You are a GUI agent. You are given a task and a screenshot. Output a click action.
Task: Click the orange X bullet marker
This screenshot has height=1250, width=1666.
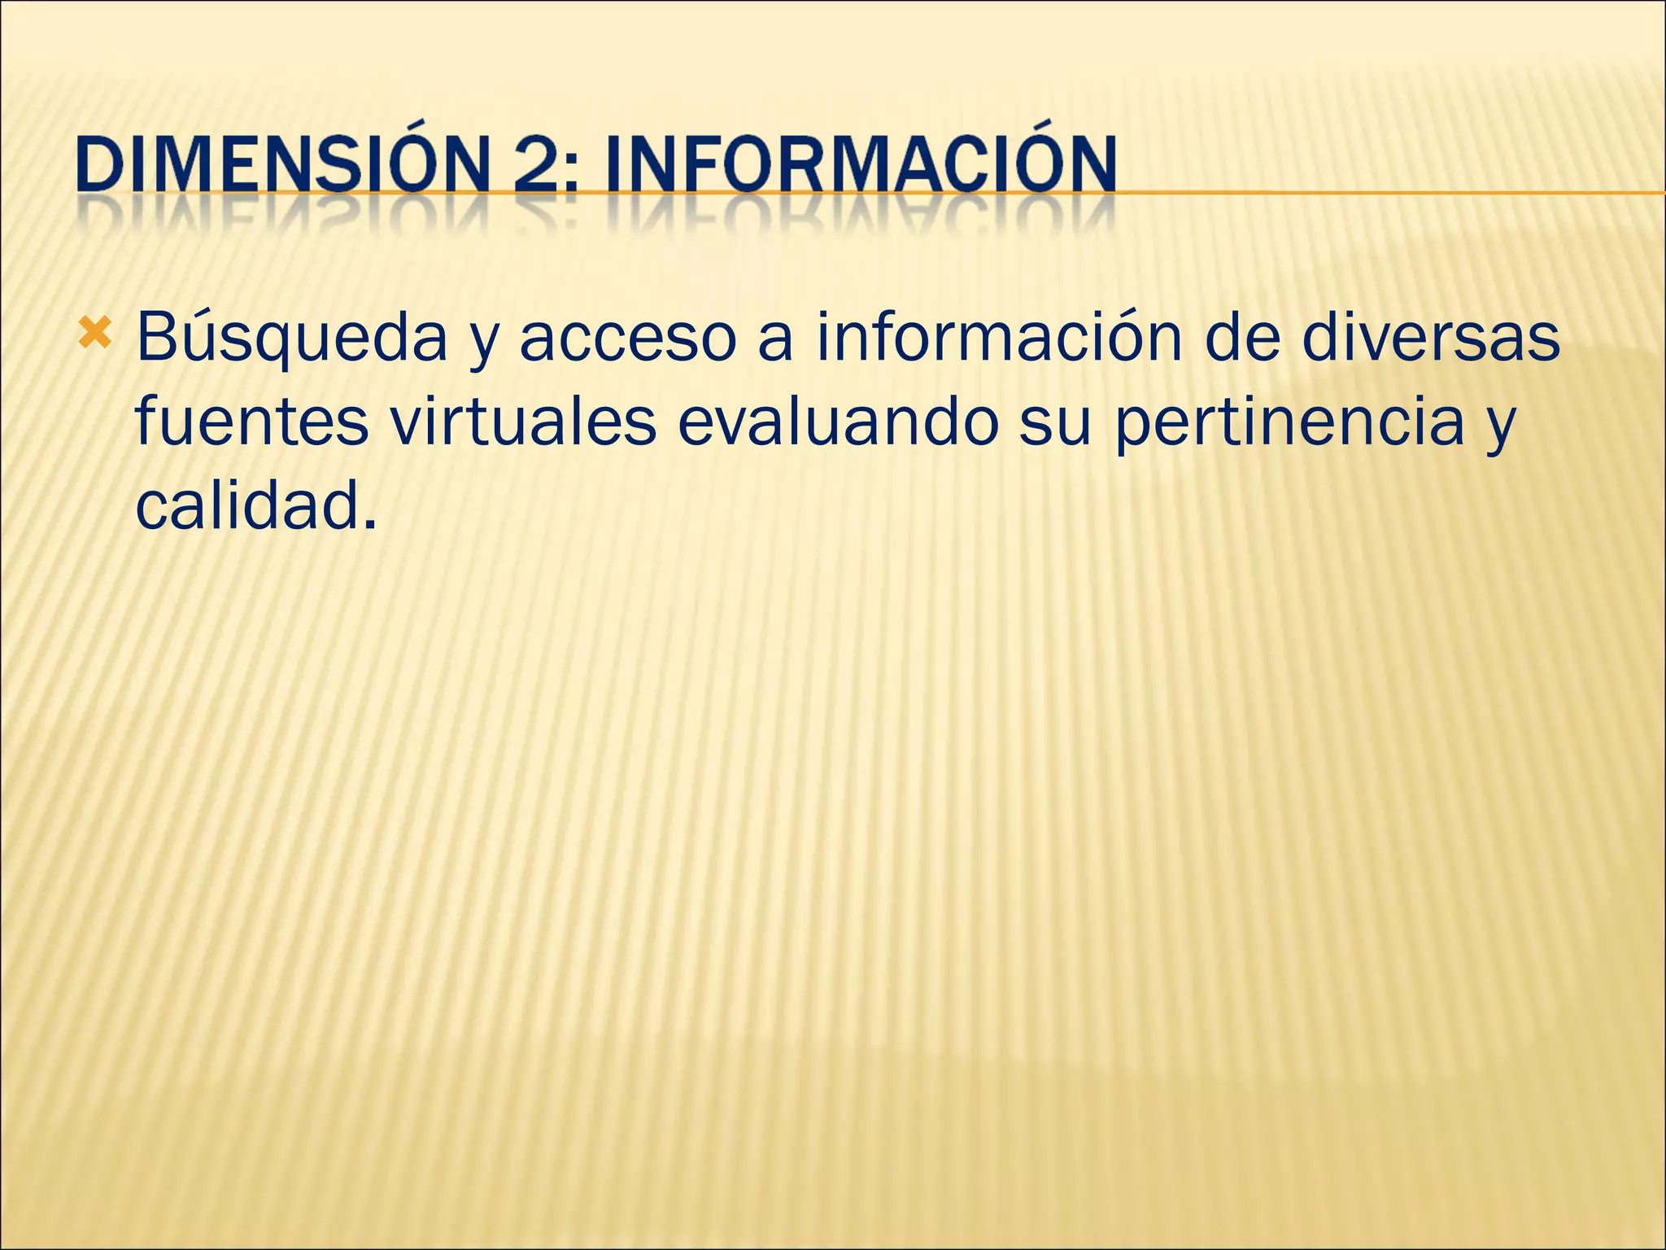(96, 333)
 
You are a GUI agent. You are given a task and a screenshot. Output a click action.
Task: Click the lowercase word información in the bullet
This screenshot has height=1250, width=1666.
(1000, 337)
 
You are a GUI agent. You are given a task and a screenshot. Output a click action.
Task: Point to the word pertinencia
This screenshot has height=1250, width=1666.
(1289, 423)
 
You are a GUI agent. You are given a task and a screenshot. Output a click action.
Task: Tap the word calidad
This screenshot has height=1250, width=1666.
(247, 505)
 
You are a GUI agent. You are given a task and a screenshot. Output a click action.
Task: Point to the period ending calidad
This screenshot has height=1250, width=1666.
(370, 524)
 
